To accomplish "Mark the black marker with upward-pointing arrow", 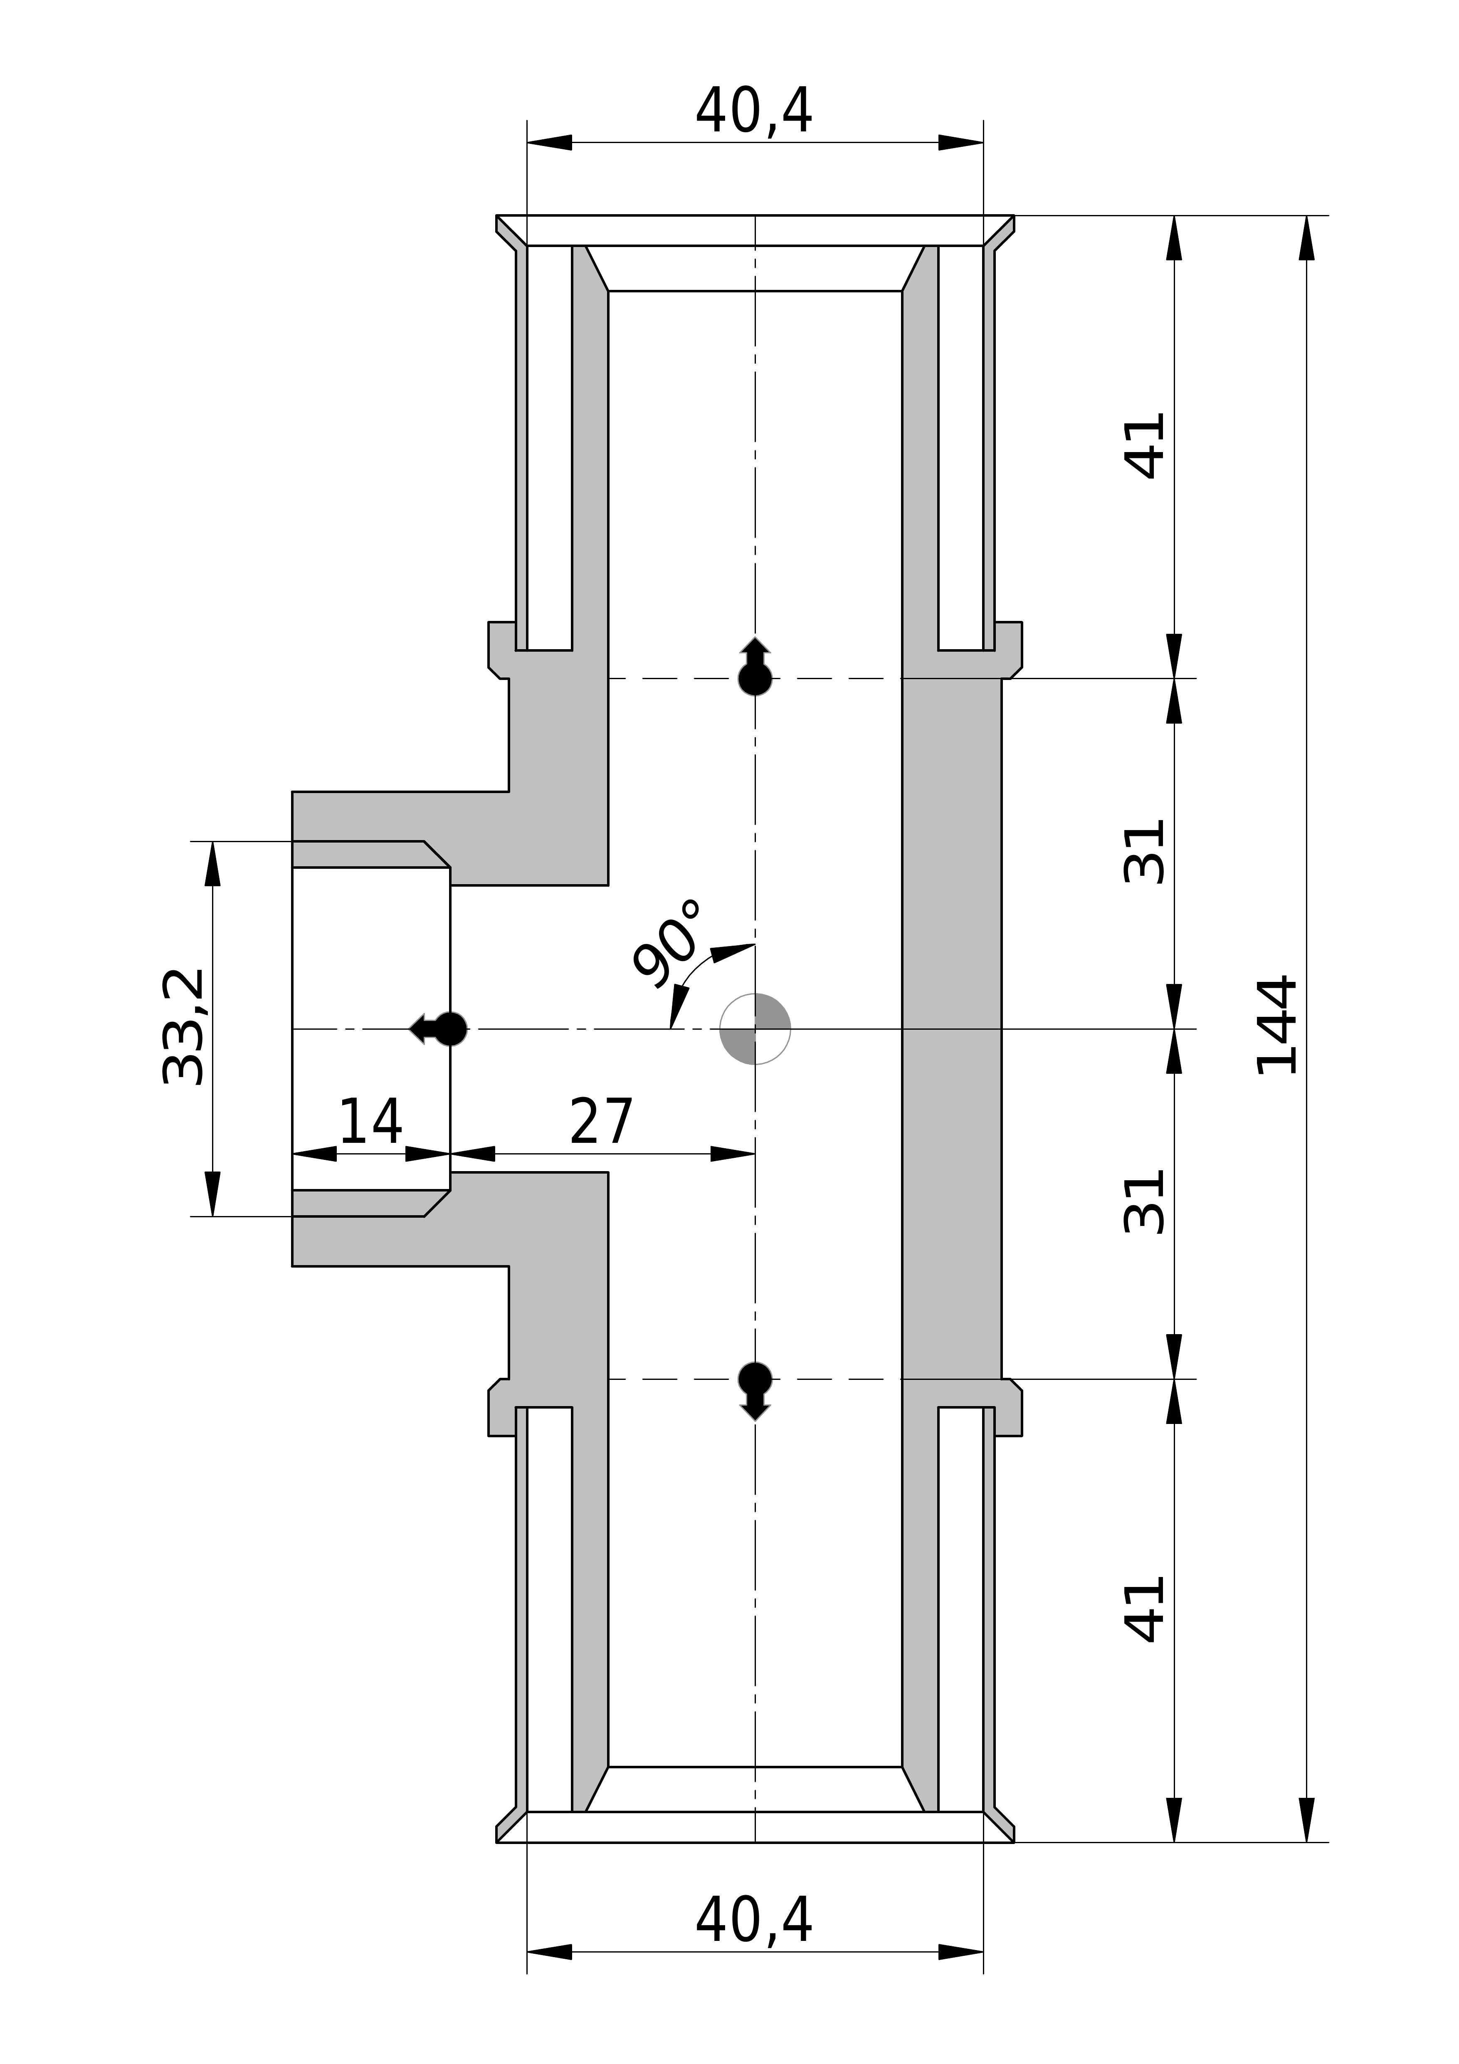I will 755,668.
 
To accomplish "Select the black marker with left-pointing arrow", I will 440,1028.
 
